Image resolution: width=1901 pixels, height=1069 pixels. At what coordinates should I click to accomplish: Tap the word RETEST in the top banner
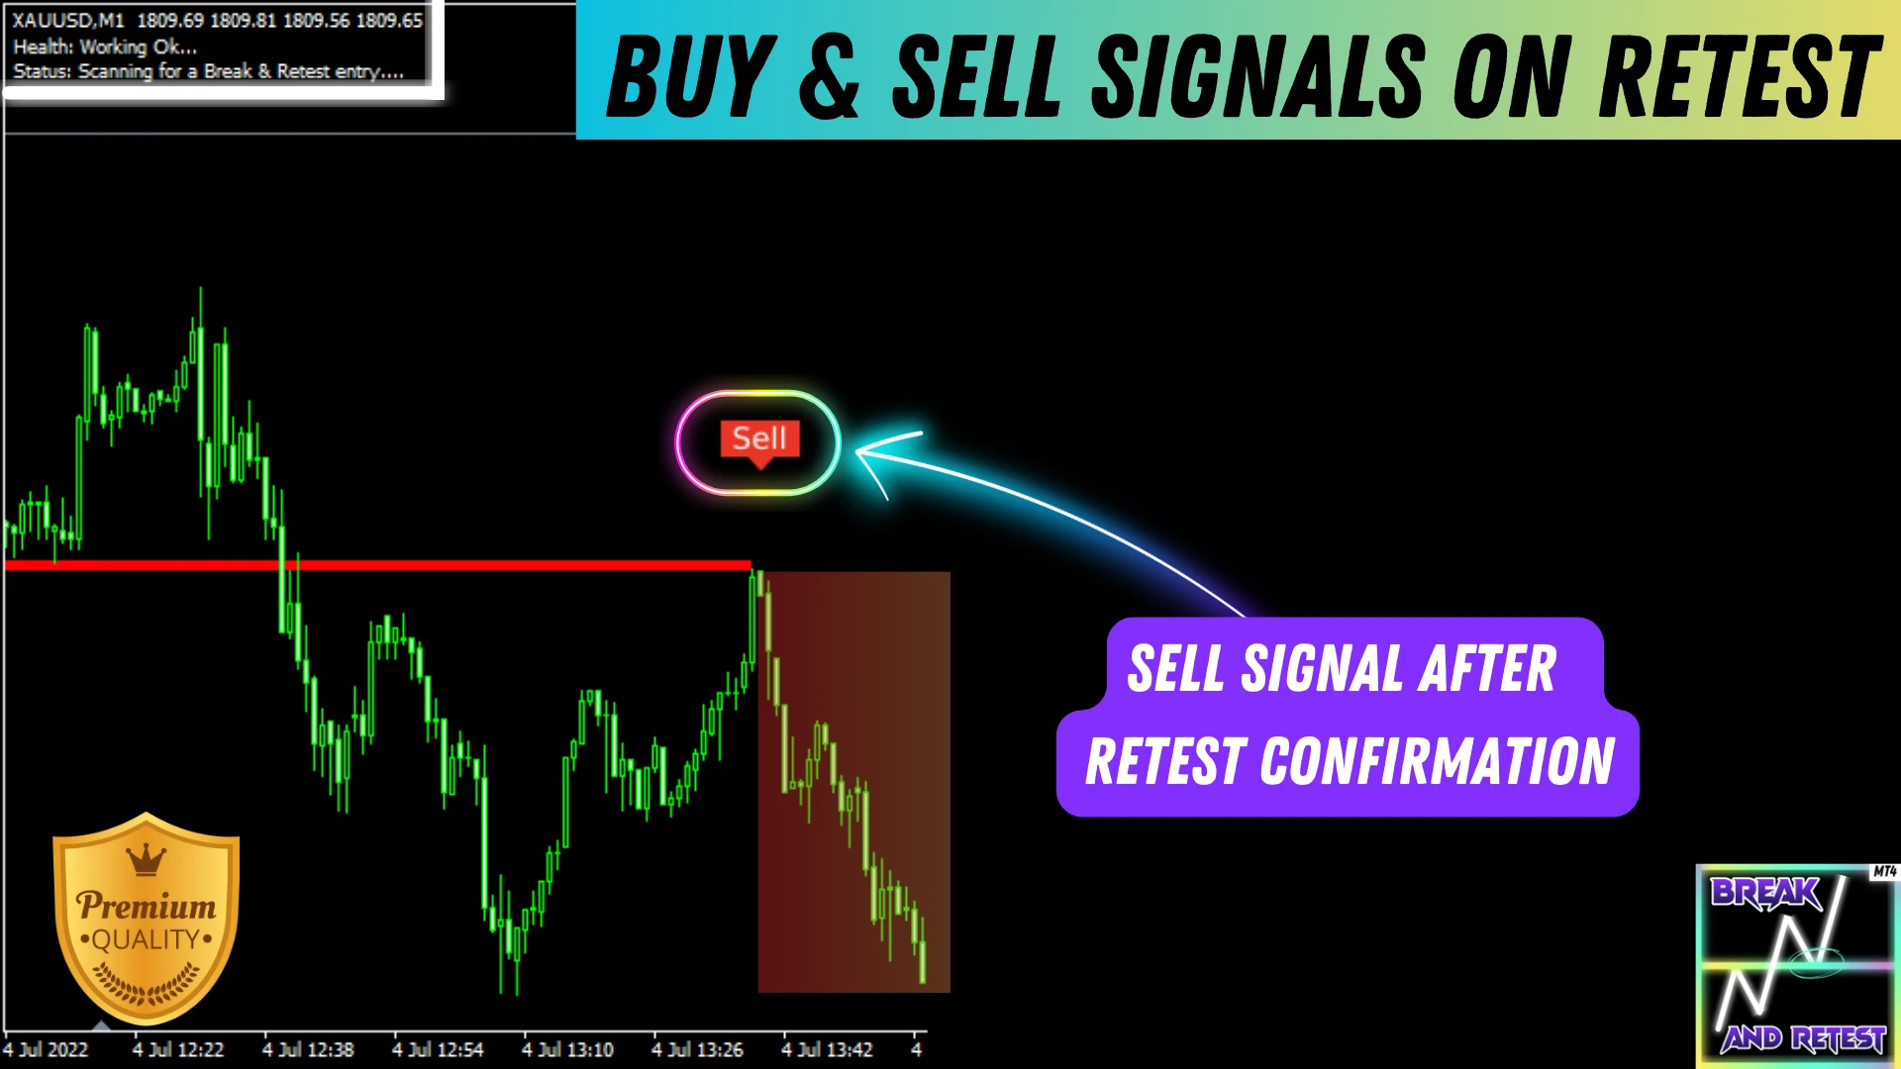click(1740, 77)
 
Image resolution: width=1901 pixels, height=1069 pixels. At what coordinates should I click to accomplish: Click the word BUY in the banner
click(691, 77)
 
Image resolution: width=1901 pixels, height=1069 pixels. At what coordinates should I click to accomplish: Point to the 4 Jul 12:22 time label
click(178, 1049)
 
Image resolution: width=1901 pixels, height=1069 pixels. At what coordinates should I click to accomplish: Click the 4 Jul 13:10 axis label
click(567, 1049)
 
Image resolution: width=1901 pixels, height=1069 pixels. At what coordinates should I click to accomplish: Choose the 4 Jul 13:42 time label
click(827, 1049)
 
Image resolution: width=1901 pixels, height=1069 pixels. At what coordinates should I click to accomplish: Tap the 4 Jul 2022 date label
click(46, 1049)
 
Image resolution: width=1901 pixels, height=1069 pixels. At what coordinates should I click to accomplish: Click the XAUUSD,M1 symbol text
click(68, 20)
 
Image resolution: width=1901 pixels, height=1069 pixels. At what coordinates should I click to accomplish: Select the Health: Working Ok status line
click(105, 47)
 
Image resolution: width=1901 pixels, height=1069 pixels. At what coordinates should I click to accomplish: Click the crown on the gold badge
click(147, 859)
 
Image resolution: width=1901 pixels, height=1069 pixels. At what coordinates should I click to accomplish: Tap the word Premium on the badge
click(147, 906)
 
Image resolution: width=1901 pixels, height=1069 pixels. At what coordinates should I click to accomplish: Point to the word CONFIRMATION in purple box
click(1437, 761)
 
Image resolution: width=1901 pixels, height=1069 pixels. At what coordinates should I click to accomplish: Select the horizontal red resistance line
click(377, 565)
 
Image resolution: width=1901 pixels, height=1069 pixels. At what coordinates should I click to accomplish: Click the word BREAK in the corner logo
click(1765, 893)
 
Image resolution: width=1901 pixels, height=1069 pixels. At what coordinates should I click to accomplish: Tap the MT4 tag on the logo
click(1884, 872)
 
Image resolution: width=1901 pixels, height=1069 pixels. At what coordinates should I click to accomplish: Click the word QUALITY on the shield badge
click(146, 939)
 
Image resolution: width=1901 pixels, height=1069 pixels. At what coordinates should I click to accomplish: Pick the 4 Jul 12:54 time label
click(438, 1049)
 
